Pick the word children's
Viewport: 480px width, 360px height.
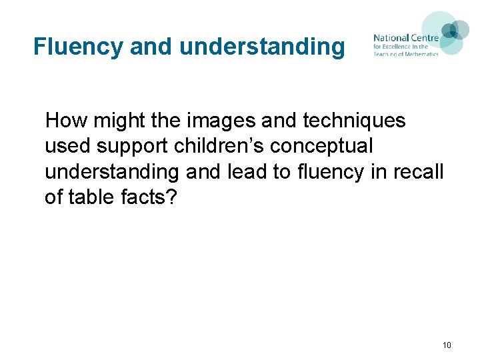(213, 146)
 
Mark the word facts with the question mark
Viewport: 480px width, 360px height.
(148, 197)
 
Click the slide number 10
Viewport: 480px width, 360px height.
(446, 345)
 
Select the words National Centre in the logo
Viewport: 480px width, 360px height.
(405, 38)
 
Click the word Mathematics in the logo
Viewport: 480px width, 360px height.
(419, 54)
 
